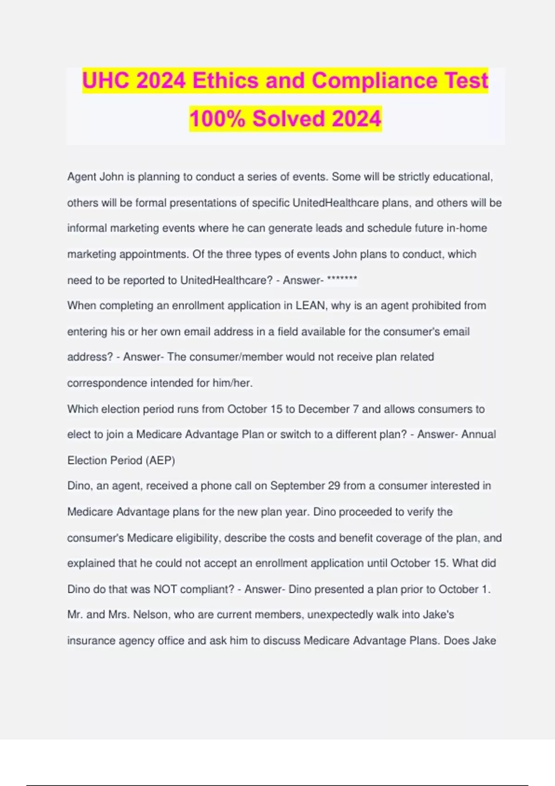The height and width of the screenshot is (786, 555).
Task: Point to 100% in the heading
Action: pos(217,119)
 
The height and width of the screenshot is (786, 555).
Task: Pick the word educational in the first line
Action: pos(462,177)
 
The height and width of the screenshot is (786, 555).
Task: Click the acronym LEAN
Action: pos(311,306)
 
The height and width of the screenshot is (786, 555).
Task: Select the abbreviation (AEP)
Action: pos(160,461)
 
